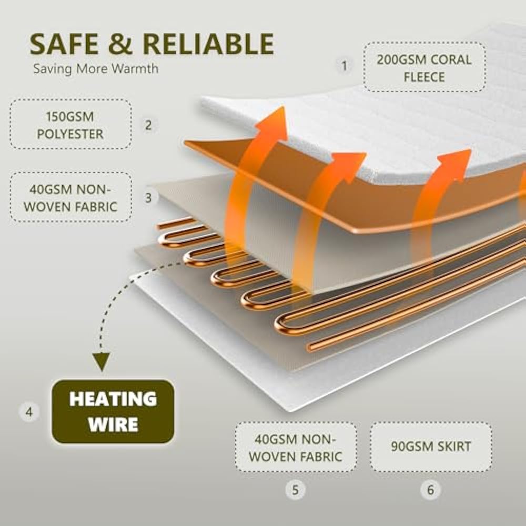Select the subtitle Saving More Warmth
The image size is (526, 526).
click(x=96, y=68)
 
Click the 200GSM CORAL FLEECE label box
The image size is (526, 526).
click(x=424, y=67)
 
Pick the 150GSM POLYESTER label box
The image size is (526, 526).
click(x=70, y=124)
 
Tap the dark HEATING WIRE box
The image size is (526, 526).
click(x=113, y=411)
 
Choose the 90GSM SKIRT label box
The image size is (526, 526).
click(x=431, y=447)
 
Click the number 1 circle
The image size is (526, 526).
click(x=345, y=66)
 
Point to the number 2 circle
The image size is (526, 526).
click(x=148, y=125)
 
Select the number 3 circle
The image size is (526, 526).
click(x=148, y=198)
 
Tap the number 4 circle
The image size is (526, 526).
click(x=29, y=411)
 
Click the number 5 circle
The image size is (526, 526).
click(x=295, y=490)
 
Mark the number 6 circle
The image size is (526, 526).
click(x=431, y=490)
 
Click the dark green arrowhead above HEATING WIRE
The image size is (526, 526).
click(x=102, y=361)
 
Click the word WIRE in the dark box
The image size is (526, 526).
click(x=113, y=424)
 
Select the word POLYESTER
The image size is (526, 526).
click(x=70, y=134)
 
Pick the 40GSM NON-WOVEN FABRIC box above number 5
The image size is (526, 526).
click(x=295, y=447)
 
